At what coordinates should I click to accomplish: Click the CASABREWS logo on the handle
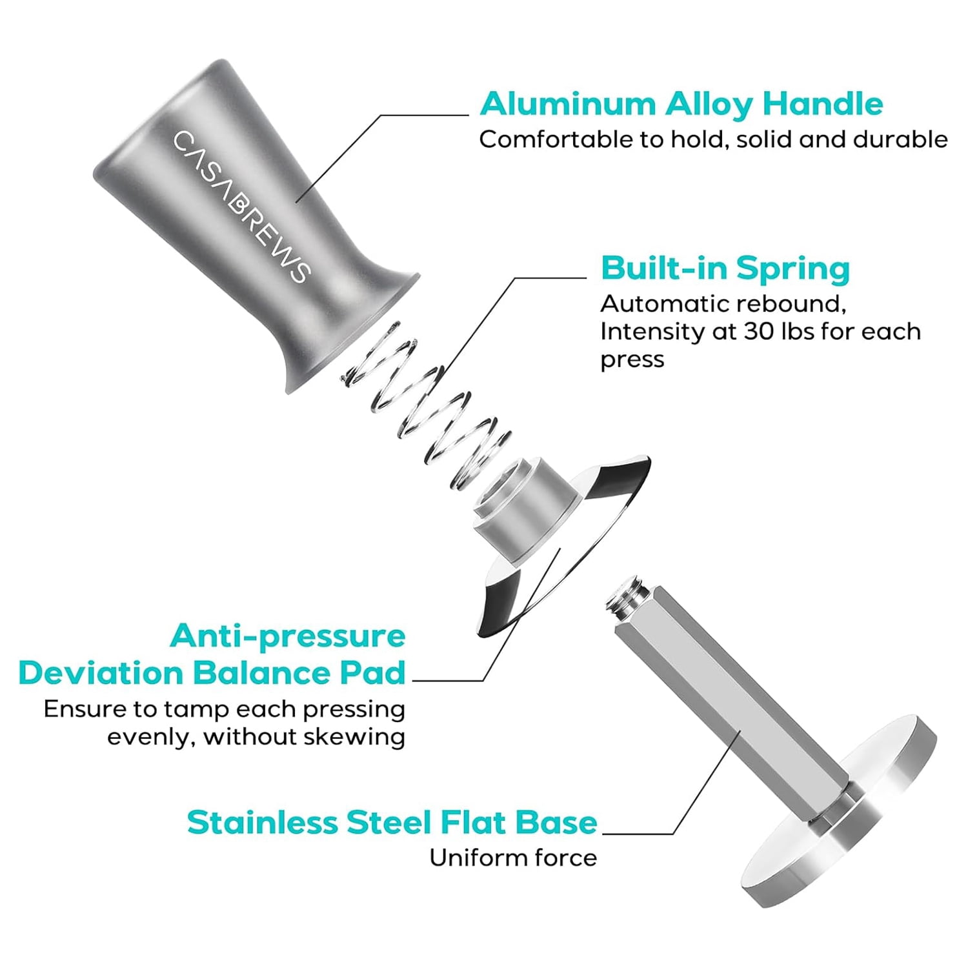click(242, 207)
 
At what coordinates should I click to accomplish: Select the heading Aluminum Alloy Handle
click(681, 103)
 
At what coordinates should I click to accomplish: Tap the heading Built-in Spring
click(725, 268)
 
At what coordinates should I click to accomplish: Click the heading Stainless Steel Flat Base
click(392, 822)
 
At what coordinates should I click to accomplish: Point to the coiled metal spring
click(426, 407)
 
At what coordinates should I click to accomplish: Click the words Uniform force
click(514, 858)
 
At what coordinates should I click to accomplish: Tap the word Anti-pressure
click(288, 637)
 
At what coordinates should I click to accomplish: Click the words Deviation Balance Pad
click(212, 673)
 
